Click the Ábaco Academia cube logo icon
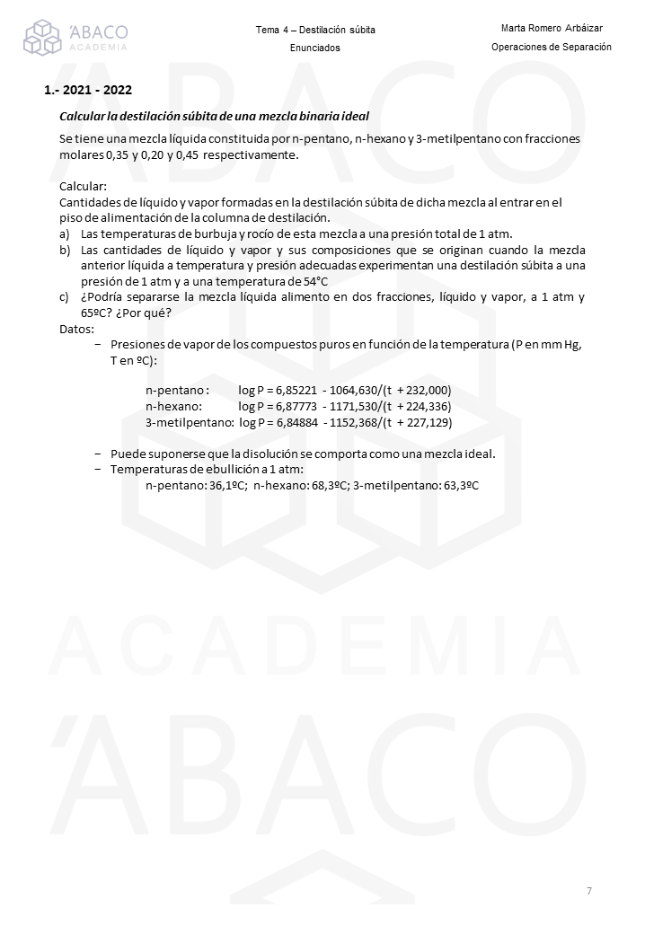pyautogui.click(x=42, y=38)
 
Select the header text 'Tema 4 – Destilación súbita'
pyautogui.click(x=315, y=31)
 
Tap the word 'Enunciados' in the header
pyautogui.click(x=315, y=48)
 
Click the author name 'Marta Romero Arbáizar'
pyautogui.click(x=552, y=29)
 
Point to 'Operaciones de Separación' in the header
pyautogui.click(x=552, y=47)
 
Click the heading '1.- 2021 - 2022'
pyautogui.click(x=88, y=91)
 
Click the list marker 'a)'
pyautogui.click(x=65, y=233)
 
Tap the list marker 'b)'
pyautogui.click(x=65, y=250)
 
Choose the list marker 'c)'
pyautogui.click(x=65, y=297)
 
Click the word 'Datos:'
pyautogui.click(x=76, y=329)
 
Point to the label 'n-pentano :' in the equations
pyautogui.click(x=177, y=391)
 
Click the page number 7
pyautogui.click(x=589, y=891)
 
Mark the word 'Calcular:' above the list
pyautogui.click(x=83, y=187)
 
